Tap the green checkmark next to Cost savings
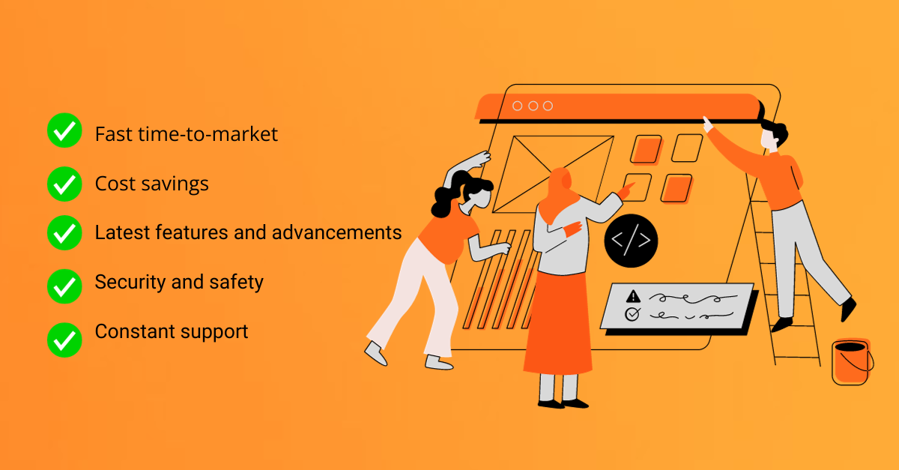tap(64, 183)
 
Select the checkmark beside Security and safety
tap(64, 283)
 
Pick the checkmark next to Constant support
tap(64, 340)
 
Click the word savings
tap(178, 183)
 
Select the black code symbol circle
tap(631, 241)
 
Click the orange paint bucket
tap(852, 364)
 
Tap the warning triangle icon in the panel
tap(633, 296)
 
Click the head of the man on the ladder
tap(772, 136)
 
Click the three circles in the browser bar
tap(532, 106)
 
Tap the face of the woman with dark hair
tap(478, 198)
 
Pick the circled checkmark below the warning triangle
tap(632, 315)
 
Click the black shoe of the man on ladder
tap(848, 308)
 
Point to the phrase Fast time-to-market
tap(186, 134)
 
